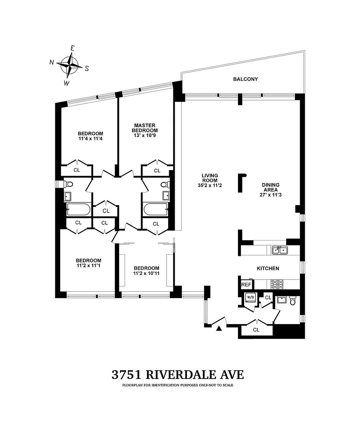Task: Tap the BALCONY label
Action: pyautogui.click(x=245, y=79)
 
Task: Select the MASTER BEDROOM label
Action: pyautogui.click(x=145, y=128)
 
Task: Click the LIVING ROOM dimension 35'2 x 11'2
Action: pyautogui.click(x=210, y=185)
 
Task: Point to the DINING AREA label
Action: pyautogui.click(x=270, y=187)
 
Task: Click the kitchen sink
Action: pyautogui.click(x=280, y=250)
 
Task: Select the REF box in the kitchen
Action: pyautogui.click(x=246, y=284)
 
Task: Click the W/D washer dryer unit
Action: pyautogui.click(x=250, y=297)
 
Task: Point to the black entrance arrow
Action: pyautogui.click(x=219, y=328)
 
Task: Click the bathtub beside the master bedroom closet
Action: pyautogui.click(x=156, y=209)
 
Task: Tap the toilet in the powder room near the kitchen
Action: pyautogui.click(x=293, y=301)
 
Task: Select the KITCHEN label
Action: pyautogui.click(x=268, y=269)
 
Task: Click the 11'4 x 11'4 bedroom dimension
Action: pyautogui.click(x=91, y=139)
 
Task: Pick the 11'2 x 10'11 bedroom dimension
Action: pyautogui.click(x=146, y=273)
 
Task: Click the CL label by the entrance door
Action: pyautogui.click(x=256, y=330)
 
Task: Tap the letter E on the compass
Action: pyautogui.click(x=72, y=48)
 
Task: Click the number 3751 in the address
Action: pyautogui.click(x=126, y=375)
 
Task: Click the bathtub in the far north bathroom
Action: pyautogui.click(x=79, y=209)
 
